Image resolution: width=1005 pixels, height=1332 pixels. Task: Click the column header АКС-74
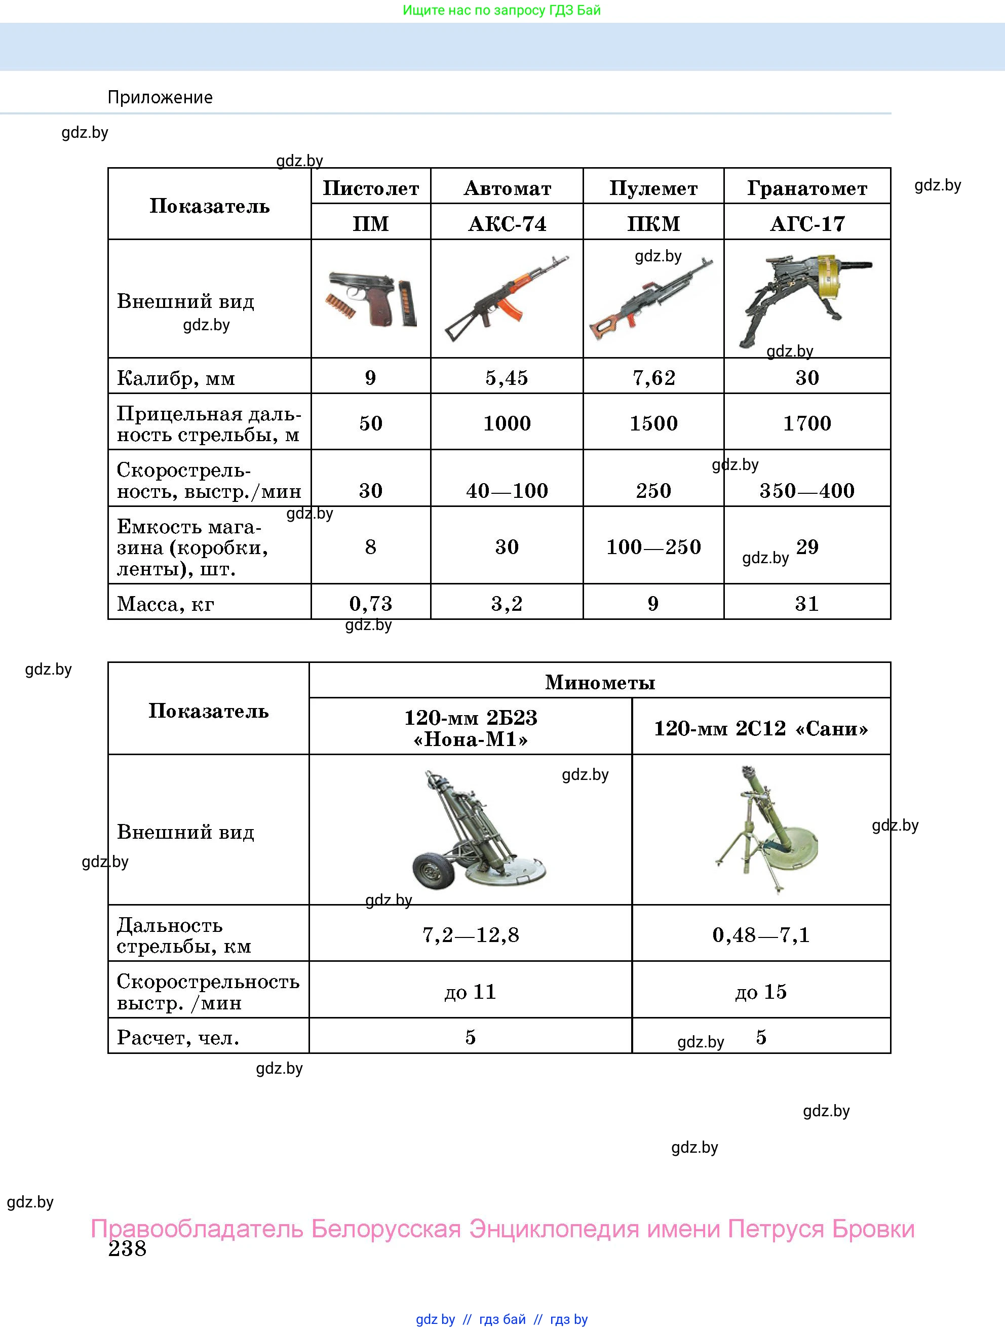(x=507, y=223)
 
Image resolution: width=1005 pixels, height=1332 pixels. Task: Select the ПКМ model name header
(x=653, y=223)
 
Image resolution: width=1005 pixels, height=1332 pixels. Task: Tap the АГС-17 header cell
(x=807, y=223)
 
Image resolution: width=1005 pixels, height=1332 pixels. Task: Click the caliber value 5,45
(x=507, y=377)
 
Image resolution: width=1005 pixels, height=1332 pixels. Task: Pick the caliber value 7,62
(x=653, y=377)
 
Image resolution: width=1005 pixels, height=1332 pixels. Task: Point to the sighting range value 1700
(x=807, y=423)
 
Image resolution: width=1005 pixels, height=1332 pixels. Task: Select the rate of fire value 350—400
(x=807, y=490)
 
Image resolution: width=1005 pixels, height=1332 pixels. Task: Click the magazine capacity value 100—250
(x=653, y=547)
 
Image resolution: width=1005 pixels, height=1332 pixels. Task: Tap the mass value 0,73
(x=370, y=603)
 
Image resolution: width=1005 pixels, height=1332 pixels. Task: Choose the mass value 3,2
(x=507, y=603)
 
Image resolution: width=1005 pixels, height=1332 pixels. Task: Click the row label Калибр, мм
(x=176, y=377)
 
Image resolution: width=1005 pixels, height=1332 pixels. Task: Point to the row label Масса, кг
(x=166, y=603)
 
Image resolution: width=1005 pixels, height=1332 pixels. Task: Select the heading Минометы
(x=600, y=682)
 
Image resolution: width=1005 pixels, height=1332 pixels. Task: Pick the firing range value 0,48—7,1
(x=761, y=934)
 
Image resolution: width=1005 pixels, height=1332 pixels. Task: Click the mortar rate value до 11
(x=470, y=991)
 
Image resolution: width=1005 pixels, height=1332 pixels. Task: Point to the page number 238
(x=127, y=1248)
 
